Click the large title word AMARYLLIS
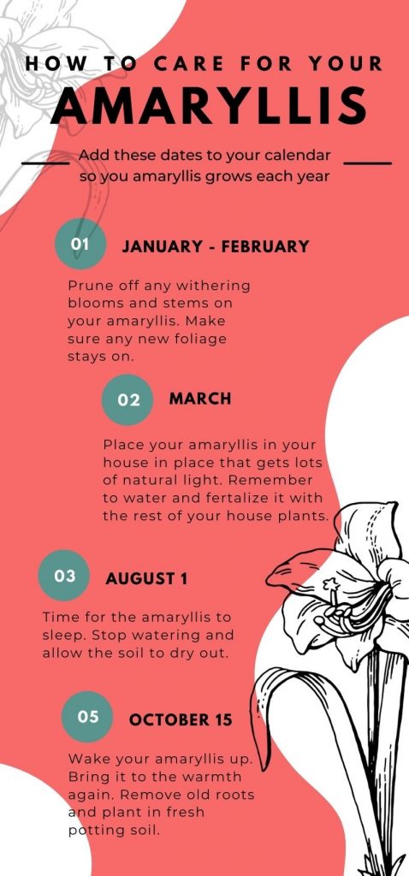click(209, 107)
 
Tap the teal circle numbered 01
click(80, 244)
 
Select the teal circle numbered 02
click(127, 400)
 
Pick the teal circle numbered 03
click(64, 576)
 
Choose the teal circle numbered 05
click(87, 717)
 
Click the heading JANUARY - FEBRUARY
click(216, 246)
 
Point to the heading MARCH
click(200, 399)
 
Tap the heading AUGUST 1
click(146, 579)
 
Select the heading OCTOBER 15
click(181, 720)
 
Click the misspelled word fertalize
click(250, 498)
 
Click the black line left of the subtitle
click(45, 163)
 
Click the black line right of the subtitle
click(368, 163)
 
